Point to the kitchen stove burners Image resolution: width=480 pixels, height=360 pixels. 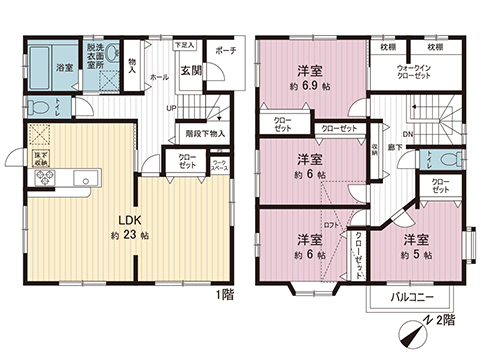pos(46,178)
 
